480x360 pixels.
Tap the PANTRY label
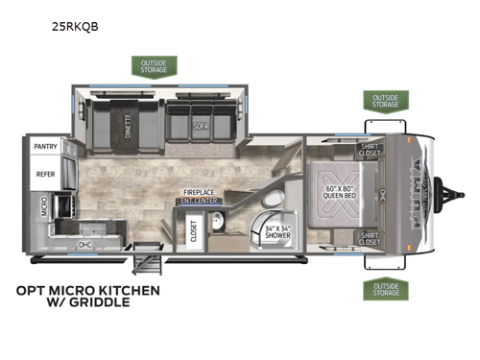[46, 147]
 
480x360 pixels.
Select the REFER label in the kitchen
[45, 176]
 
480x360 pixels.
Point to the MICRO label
[44, 205]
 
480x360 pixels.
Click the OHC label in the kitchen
[85, 243]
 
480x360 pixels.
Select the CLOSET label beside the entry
[193, 231]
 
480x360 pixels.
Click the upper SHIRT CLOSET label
[369, 150]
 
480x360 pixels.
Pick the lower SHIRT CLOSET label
[369, 236]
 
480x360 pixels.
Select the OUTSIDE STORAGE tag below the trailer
[384, 289]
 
